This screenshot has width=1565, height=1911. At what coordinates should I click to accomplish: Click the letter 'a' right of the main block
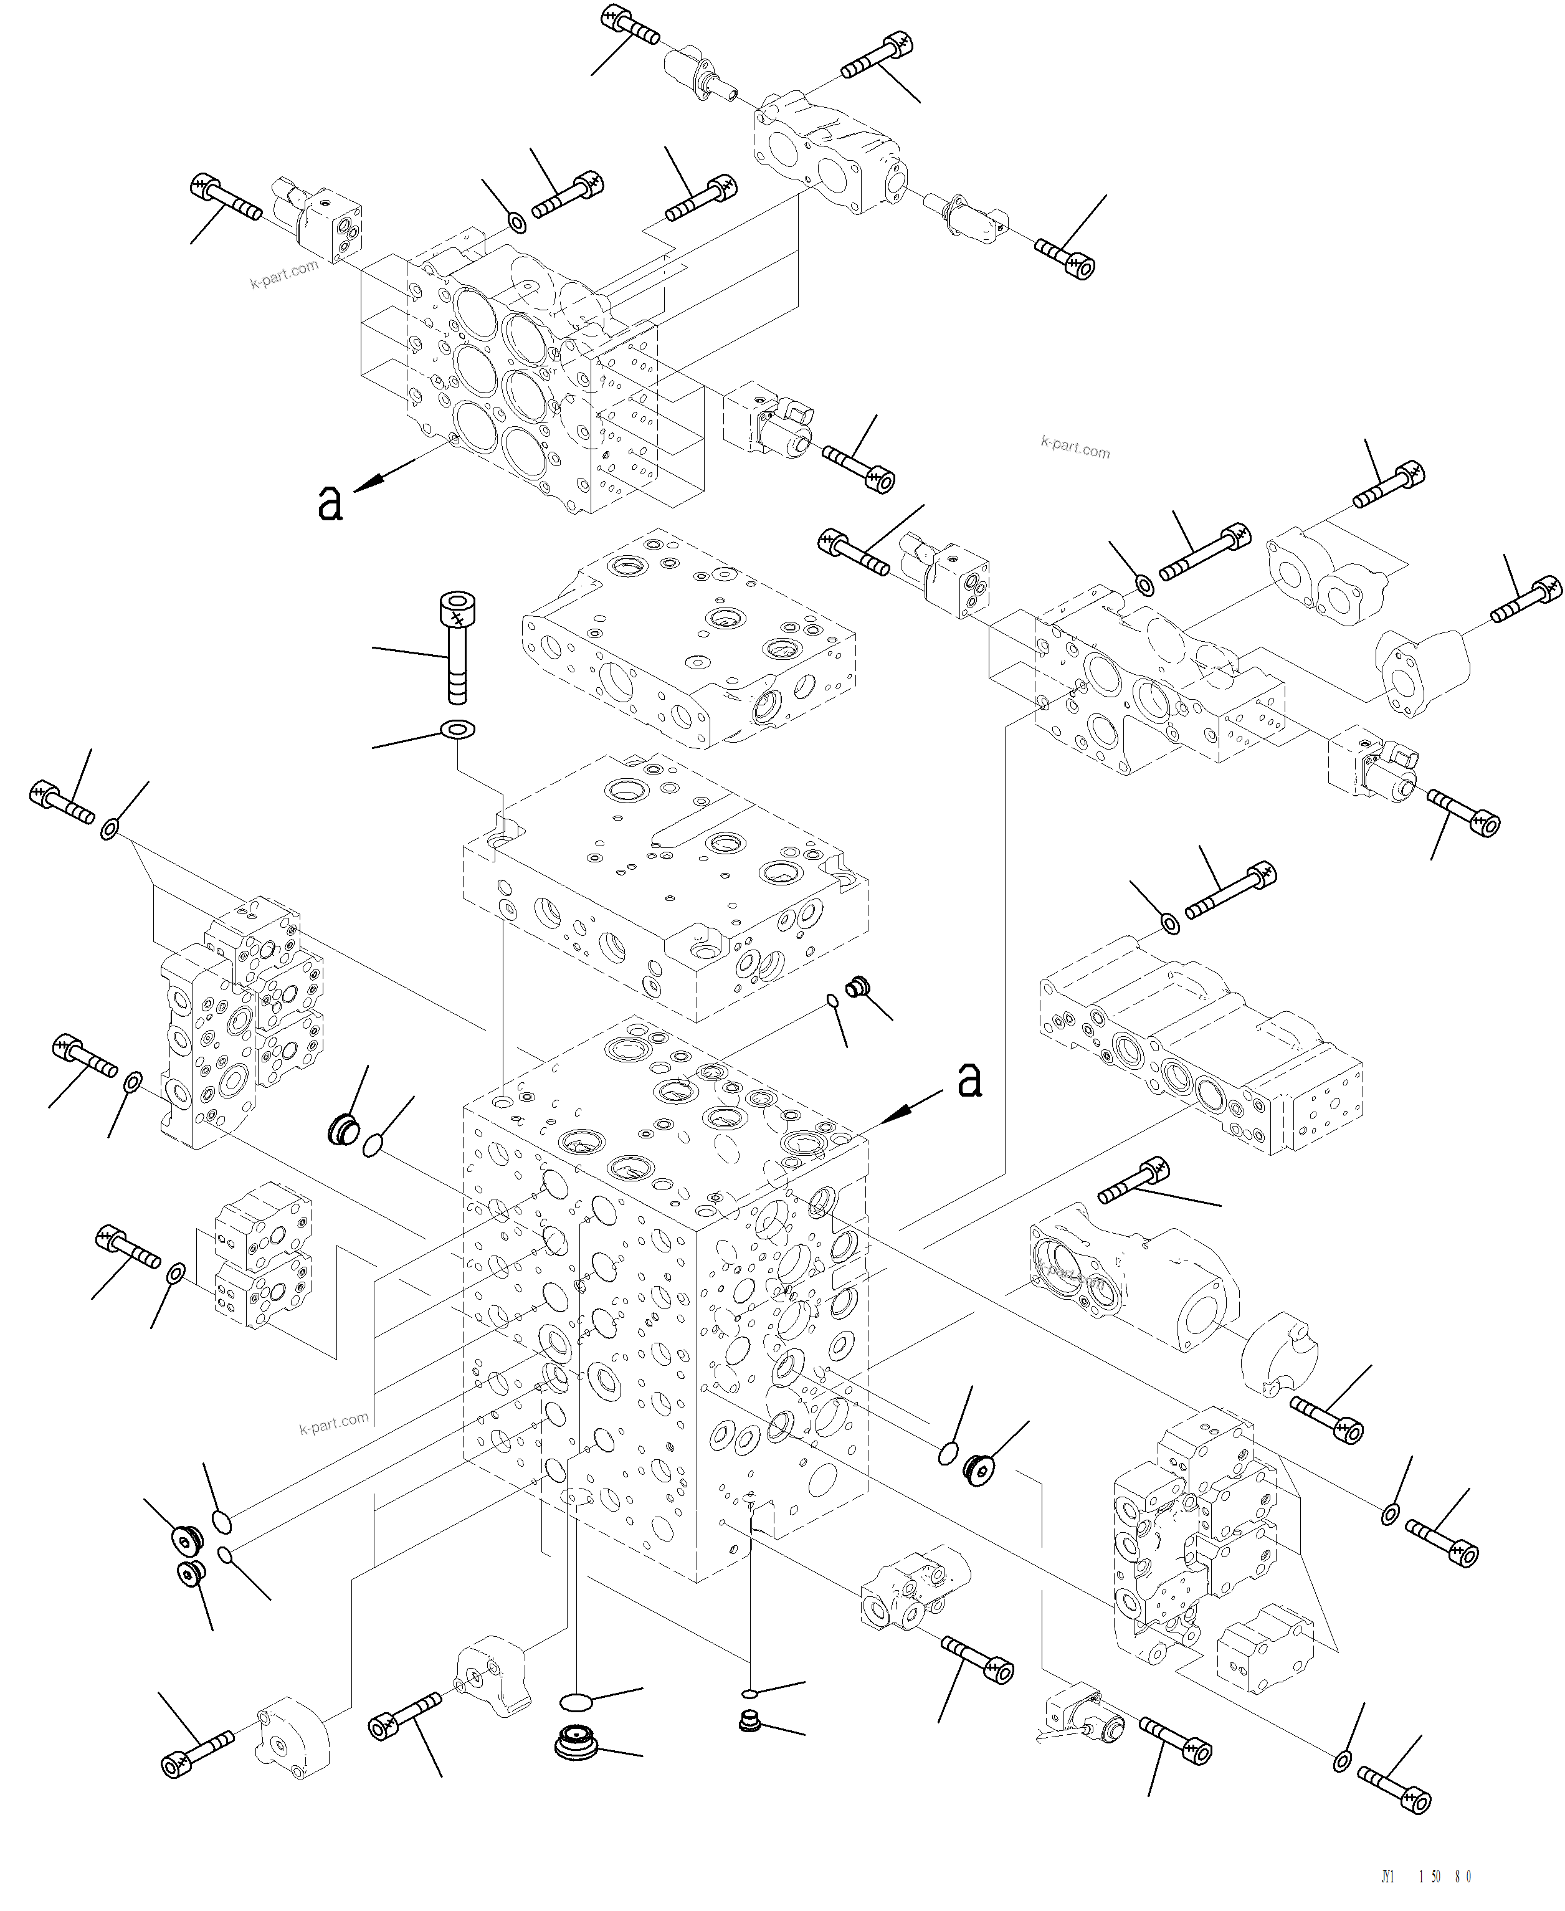[969, 1079]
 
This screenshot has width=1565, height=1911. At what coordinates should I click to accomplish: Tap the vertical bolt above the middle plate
[458, 647]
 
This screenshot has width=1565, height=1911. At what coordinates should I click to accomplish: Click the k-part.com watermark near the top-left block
[284, 274]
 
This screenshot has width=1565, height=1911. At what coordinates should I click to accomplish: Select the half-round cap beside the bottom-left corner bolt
[293, 1735]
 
